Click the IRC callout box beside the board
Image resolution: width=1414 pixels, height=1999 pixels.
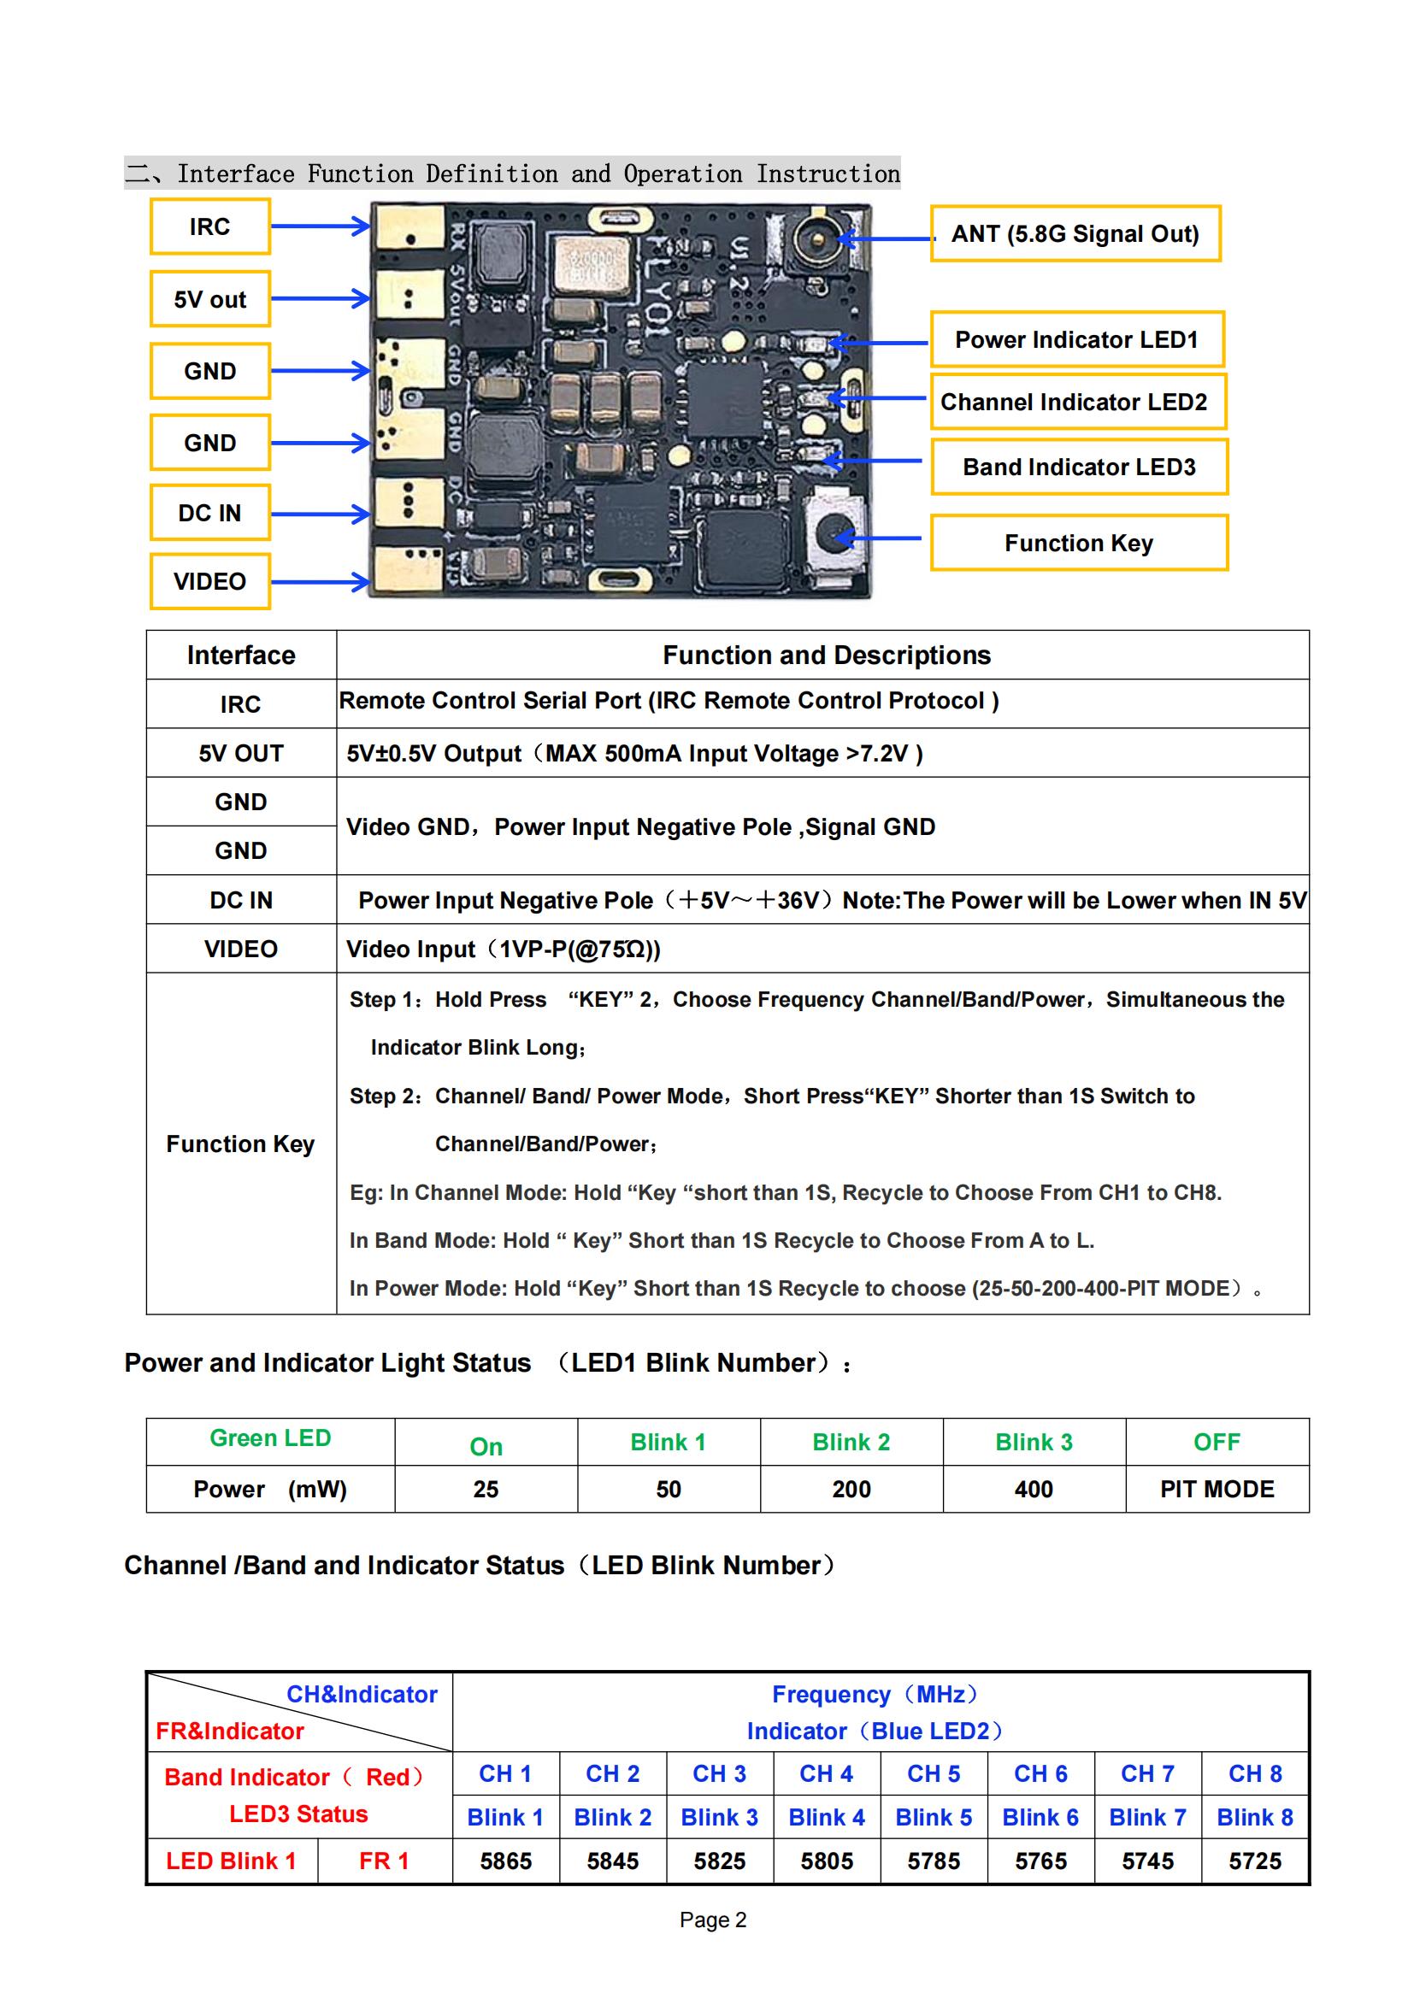209,226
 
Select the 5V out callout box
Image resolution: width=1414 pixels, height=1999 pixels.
209,298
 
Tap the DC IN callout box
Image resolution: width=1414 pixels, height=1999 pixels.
209,513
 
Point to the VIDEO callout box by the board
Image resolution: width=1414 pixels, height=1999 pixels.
209,582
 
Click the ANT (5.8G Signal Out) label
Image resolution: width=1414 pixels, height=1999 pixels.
1075,233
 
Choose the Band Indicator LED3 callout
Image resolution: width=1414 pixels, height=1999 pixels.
1079,467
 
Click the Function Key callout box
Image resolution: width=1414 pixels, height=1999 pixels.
1079,543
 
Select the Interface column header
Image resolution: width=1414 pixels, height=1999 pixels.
241,655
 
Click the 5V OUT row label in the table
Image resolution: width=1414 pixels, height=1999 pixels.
241,753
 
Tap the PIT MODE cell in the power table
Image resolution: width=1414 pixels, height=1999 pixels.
1217,1489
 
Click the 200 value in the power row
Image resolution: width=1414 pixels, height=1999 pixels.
851,1489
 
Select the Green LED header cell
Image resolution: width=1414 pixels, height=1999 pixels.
270,1438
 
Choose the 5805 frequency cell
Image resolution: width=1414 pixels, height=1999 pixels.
827,1861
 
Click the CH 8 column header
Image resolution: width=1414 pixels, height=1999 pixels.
1255,1773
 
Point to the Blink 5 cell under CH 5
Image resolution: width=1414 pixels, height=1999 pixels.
934,1817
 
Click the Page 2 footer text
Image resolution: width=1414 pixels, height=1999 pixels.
713,1920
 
